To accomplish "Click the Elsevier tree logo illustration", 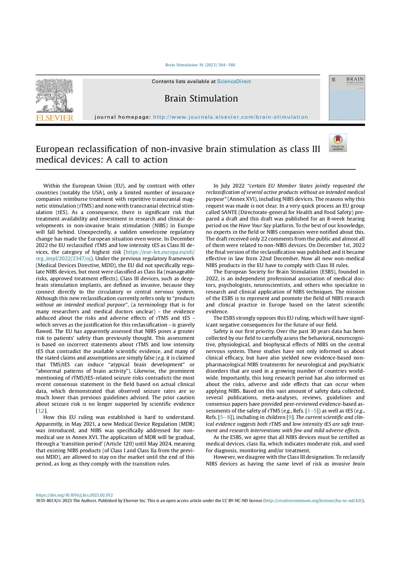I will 54,96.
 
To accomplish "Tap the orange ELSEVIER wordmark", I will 54,118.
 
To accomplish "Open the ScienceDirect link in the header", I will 234,82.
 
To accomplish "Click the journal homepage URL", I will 230,117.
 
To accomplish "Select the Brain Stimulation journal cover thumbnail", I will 347,98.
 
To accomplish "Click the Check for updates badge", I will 338,143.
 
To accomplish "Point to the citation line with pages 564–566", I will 200,65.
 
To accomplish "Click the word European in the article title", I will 58,149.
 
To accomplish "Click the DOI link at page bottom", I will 74,495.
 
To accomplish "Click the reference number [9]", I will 290,417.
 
